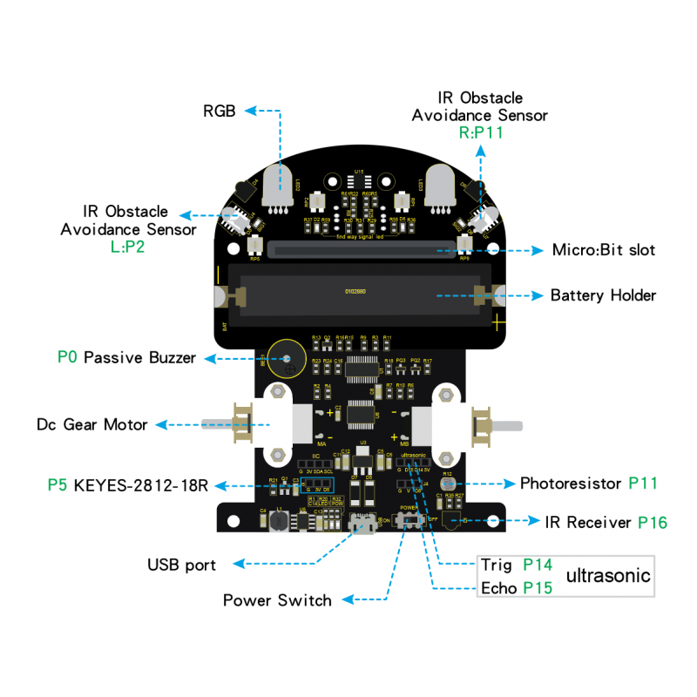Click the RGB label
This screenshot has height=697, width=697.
[x=220, y=112]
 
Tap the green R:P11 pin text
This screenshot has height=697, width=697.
[x=480, y=133]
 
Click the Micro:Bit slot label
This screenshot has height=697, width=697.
[x=603, y=250]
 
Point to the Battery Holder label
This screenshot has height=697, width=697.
[x=603, y=295]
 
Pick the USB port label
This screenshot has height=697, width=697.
[x=181, y=565]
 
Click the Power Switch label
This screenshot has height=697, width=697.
[x=277, y=599]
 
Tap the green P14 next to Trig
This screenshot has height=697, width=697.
[x=538, y=565]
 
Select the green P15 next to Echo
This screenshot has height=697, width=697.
[x=538, y=587]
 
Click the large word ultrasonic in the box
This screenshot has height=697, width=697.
[x=608, y=575]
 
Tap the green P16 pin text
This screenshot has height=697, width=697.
[x=653, y=522]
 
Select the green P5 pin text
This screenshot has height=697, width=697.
[x=58, y=484]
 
